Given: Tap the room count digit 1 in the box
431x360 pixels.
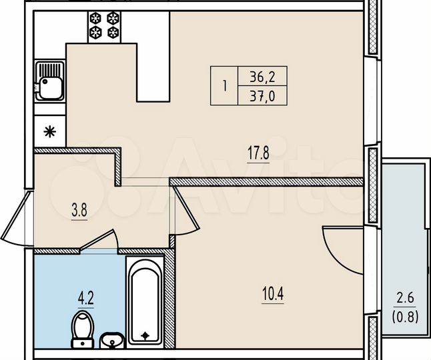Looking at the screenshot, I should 225,86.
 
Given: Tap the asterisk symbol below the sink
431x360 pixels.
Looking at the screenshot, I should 49,131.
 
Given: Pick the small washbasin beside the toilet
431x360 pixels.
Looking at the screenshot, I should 112,341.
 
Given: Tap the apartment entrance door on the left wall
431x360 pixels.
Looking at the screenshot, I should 18,223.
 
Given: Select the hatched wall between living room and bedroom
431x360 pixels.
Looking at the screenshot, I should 267,181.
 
